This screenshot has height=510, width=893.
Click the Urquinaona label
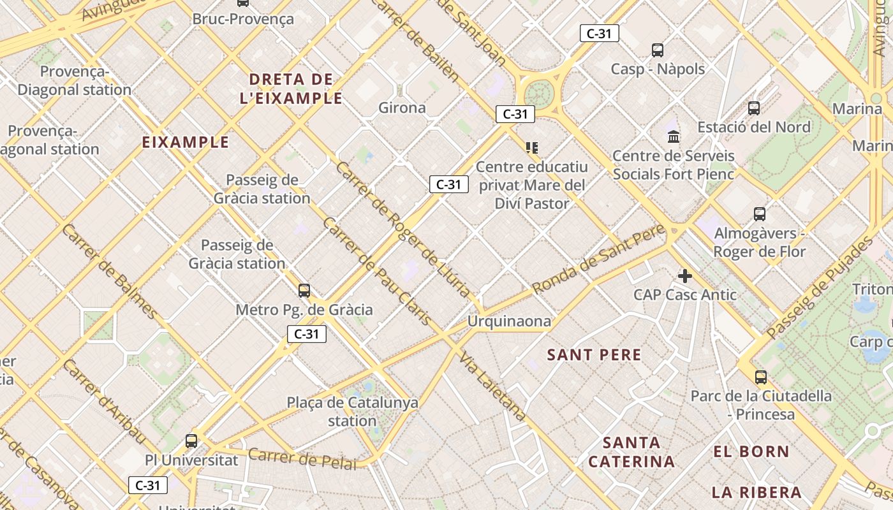tap(509, 321)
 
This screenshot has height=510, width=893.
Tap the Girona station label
tap(402, 108)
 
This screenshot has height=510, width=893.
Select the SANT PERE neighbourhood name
tap(594, 355)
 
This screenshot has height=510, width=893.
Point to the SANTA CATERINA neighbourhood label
tap(631, 452)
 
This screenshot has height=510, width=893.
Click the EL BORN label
tap(751, 452)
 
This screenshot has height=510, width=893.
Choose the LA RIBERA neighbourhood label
tap(756, 492)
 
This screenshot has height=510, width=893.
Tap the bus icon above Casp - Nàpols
tap(658, 50)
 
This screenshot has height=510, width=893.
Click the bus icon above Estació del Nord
tap(754, 108)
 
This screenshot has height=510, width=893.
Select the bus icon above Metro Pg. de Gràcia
tap(304, 291)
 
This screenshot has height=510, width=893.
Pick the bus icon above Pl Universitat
tap(191, 441)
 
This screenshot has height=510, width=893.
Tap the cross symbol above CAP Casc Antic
tap(685, 276)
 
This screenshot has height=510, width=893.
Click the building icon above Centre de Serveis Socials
tap(674, 136)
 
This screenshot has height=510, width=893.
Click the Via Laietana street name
tap(492, 386)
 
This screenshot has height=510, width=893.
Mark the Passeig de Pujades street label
tap(820, 288)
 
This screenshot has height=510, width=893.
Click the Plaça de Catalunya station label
tap(352, 412)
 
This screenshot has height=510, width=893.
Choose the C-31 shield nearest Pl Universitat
tap(148, 485)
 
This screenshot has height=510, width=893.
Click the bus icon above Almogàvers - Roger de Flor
tap(759, 214)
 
